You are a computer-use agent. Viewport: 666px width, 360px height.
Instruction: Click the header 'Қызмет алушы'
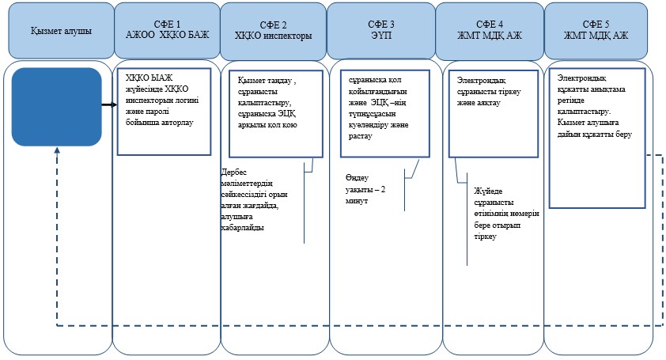61,31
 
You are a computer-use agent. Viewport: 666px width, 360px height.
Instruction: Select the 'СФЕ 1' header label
168,25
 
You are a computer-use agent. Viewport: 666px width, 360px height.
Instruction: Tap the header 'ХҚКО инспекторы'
274,36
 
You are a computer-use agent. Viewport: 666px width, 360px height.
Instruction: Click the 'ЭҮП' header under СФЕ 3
381,35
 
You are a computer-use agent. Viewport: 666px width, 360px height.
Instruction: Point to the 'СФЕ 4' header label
490,25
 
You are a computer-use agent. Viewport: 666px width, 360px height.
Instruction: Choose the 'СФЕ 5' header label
596,25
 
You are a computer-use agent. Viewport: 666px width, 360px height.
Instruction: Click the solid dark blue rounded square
56,107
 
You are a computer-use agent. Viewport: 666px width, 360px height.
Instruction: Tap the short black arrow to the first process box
109,104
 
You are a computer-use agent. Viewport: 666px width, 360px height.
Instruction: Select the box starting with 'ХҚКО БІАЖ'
164,112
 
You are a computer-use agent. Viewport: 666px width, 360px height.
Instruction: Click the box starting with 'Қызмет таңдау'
276,114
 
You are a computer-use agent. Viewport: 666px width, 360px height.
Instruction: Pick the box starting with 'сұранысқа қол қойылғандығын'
385,113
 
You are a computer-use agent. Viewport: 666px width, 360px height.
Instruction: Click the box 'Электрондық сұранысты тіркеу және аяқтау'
494,114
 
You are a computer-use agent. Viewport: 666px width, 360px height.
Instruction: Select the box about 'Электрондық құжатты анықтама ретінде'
597,138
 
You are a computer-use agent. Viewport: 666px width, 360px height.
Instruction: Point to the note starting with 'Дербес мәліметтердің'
254,199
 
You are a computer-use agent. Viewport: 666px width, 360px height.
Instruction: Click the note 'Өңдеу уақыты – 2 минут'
365,189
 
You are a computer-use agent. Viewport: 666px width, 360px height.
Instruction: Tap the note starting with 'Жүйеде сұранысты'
506,214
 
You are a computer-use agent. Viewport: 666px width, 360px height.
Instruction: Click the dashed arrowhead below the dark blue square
57,150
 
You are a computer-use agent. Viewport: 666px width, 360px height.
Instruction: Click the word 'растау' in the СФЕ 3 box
360,136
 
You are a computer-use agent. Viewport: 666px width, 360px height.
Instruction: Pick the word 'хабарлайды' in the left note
243,227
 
